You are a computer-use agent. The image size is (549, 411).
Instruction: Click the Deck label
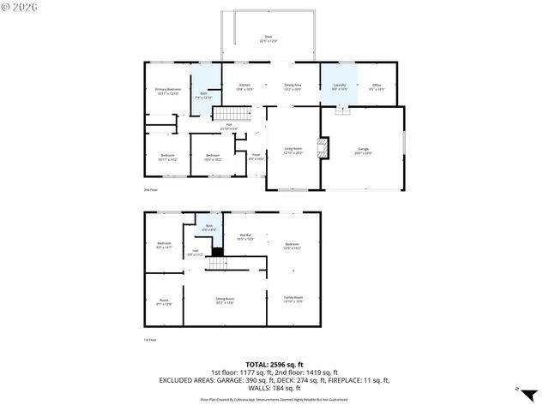[268, 39]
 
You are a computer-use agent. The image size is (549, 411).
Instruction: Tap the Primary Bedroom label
[167, 91]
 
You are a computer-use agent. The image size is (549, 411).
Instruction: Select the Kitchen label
[244, 86]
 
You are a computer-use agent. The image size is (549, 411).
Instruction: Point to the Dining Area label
[293, 86]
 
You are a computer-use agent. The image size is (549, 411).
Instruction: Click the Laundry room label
[339, 86]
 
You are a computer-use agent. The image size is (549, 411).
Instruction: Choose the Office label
[377, 86]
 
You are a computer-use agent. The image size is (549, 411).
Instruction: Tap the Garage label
[364, 151]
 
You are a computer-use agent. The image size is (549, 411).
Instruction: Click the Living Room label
[293, 151]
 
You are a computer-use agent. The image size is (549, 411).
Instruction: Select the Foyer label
[256, 157]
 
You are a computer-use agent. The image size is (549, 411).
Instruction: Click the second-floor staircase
[228, 114]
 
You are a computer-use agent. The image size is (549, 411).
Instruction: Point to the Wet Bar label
[244, 236]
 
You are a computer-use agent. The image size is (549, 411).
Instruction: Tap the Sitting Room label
[225, 301]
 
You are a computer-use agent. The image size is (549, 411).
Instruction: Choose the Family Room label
[293, 299]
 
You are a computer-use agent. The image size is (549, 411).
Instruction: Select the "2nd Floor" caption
[151, 190]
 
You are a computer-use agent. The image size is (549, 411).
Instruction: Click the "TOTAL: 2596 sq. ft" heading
[274, 365]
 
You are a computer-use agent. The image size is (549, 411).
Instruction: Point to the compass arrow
[519, 390]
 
